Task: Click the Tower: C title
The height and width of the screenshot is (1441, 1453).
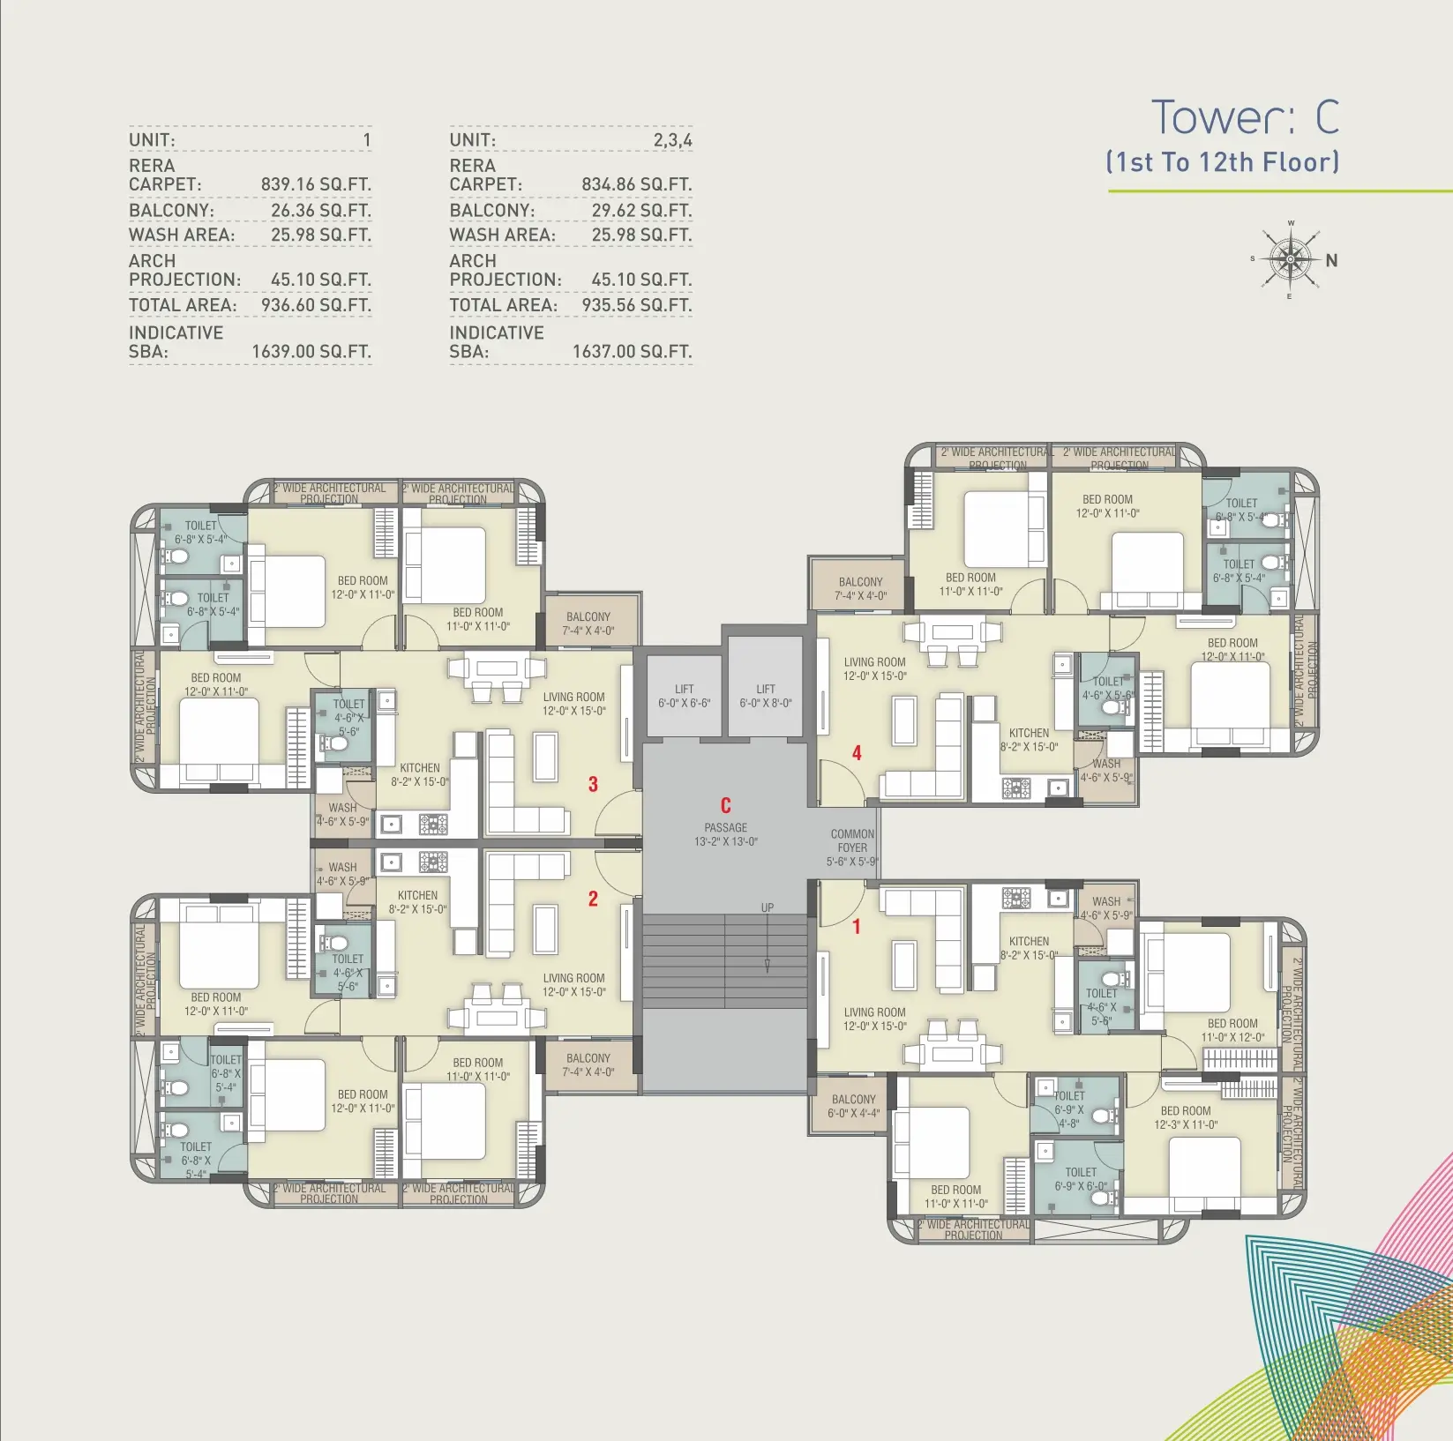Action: click(1245, 117)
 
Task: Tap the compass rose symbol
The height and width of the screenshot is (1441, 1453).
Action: click(1291, 260)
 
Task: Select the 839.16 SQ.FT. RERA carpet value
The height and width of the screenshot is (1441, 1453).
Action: click(316, 184)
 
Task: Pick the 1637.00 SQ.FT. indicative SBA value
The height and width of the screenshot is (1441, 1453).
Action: click(632, 351)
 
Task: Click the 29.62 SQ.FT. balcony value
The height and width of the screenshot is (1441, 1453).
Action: click(641, 210)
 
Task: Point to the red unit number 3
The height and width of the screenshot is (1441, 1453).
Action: click(593, 784)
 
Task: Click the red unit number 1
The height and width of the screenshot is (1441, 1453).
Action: click(856, 927)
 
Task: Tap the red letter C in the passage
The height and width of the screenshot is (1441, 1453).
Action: click(726, 806)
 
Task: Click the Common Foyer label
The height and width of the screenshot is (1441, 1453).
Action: click(852, 847)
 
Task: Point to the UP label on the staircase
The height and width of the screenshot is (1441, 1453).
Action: click(768, 907)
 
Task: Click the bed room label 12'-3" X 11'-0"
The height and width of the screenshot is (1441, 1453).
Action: click(1186, 1117)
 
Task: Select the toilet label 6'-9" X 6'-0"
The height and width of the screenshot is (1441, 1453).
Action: click(1081, 1179)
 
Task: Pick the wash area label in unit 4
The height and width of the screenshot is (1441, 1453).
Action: click(1106, 771)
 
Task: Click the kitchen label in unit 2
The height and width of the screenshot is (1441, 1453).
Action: click(418, 902)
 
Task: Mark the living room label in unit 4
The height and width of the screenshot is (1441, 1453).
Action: click(874, 668)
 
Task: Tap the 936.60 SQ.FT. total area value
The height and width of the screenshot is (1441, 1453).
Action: click(316, 305)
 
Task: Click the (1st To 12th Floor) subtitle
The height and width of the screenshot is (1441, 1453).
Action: click(1223, 162)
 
